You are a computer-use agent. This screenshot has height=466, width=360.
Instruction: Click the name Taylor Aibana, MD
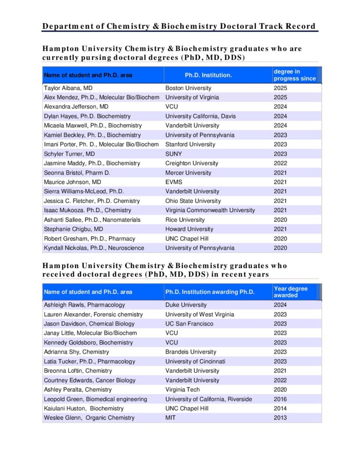click(x=68, y=88)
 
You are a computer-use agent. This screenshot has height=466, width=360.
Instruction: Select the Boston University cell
click(x=188, y=88)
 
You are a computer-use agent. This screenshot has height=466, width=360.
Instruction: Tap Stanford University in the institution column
click(x=190, y=144)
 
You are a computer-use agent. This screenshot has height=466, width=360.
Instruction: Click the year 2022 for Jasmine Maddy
click(x=280, y=163)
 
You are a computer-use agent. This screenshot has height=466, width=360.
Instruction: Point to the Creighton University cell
click(x=192, y=163)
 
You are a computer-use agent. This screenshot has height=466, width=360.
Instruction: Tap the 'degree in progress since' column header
click(x=294, y=75)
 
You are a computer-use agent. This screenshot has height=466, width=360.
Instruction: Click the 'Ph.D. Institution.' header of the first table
click(x=208, y=75)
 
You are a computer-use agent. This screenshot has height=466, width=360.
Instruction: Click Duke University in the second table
click(x=186, y=305)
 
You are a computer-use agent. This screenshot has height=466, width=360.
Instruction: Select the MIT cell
click(x=170, y=418)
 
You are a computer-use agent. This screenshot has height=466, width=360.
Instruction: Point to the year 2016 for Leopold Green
click(x=280, y=399)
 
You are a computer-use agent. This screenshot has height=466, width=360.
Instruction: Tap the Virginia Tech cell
click(x=183, y=390)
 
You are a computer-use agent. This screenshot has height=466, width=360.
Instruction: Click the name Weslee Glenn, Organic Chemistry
click(x=89, y=418)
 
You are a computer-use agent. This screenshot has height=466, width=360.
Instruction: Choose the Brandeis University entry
click(x=191, y=352)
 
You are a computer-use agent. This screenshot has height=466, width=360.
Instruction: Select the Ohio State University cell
click(x=193, y=201)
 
